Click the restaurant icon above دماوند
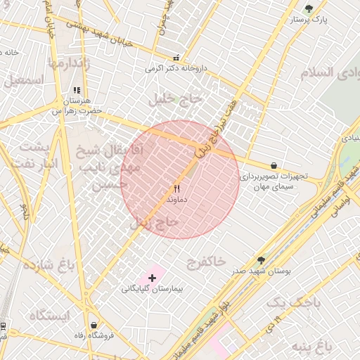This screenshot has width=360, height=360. [176, 188]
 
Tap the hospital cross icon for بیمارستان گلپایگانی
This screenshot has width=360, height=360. [152, 278]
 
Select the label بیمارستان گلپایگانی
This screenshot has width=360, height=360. [152, 289]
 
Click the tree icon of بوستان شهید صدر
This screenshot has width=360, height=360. [261, 260]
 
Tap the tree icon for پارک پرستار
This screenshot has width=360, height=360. [309, 8]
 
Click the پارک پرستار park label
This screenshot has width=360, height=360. [309, 20]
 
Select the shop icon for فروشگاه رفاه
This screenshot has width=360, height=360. [94, 325]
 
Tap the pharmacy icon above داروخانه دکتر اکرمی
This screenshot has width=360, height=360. [176, 58]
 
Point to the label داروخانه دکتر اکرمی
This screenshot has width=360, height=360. [176, 69]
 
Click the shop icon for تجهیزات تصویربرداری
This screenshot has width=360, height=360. [273, 165]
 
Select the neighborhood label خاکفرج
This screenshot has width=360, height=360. [205, 262]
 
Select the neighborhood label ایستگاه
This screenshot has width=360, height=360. [49, 316]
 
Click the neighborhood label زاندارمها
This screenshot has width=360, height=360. [70, 63]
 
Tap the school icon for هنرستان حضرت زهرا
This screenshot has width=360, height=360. [77, 91]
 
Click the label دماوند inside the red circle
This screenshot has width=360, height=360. [176, 200]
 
